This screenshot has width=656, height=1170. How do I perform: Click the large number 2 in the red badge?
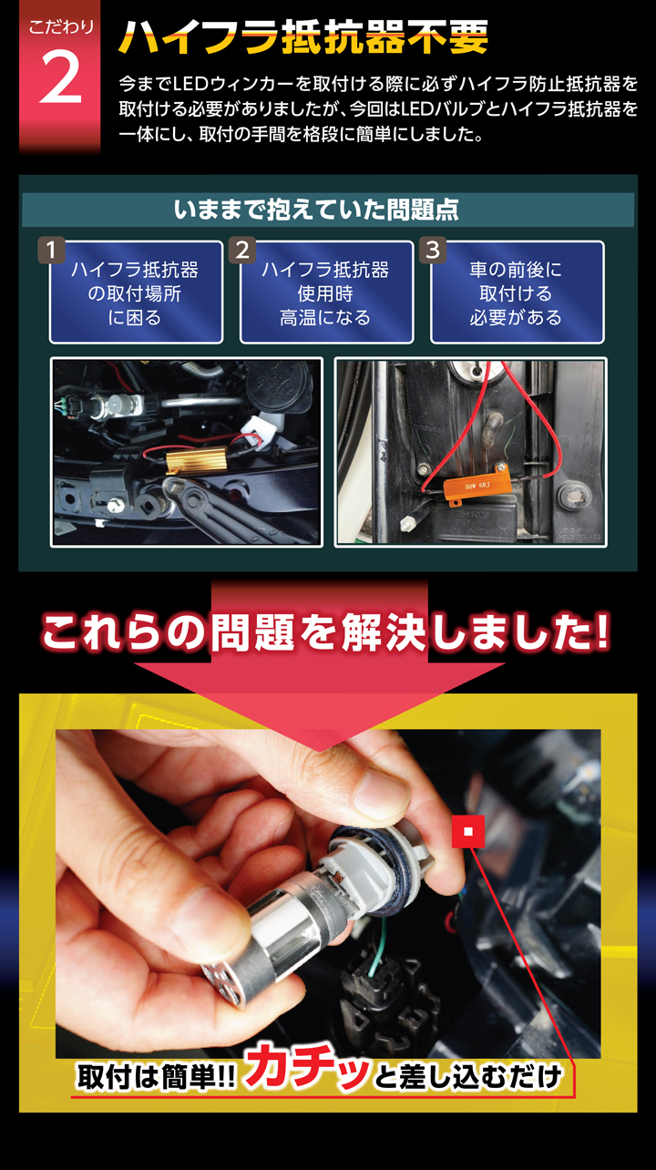point(60,77)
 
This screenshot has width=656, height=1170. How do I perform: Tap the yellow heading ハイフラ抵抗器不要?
point(303,37)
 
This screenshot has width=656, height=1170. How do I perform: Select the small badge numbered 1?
point(51,251)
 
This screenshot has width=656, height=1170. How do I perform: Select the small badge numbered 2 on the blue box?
point(241,251)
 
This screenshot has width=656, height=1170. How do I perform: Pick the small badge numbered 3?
point(433,251)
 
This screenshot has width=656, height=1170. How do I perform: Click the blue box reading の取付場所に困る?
point(136,292)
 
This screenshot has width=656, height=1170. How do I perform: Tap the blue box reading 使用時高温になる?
point(326,292)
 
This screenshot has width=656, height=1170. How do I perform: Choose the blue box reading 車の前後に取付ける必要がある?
point(518,292)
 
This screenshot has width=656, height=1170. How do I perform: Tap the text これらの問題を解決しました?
point(325,633)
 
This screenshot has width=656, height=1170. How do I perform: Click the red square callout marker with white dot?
point(468,831)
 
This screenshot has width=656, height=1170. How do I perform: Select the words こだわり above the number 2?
point(60,26)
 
